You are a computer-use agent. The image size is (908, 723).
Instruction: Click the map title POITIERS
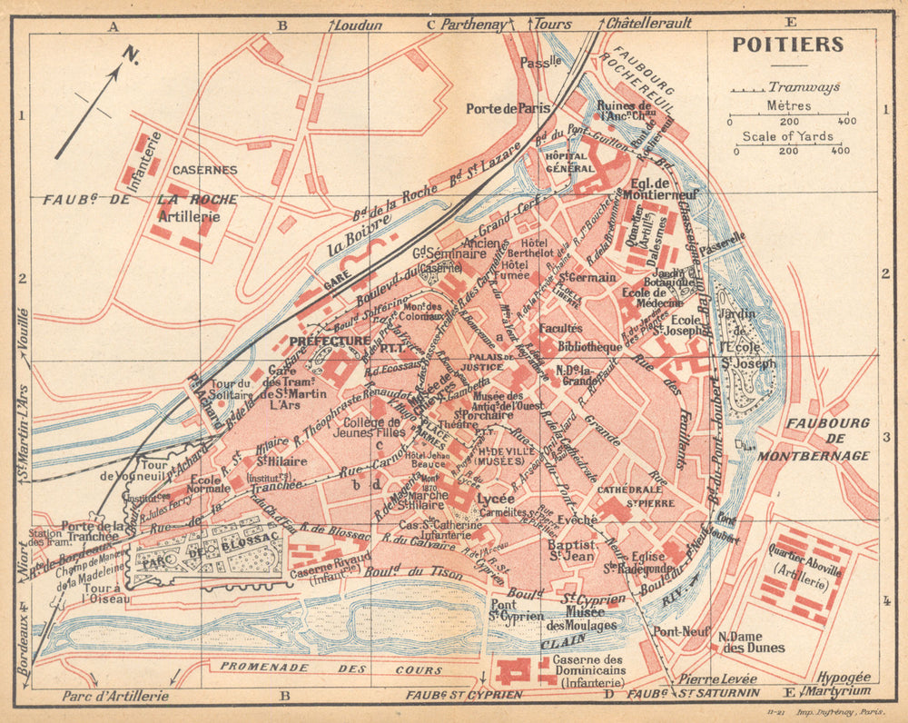(786, 45)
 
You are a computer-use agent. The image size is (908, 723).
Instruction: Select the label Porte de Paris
(508, 108)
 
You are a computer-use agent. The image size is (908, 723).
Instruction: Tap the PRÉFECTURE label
(329, 341)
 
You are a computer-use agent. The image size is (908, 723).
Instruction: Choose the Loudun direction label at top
(358, 25)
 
